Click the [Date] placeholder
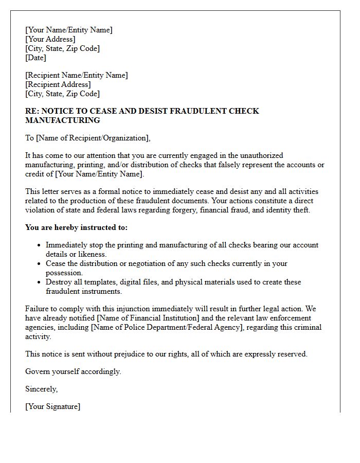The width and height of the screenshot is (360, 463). [36, 58]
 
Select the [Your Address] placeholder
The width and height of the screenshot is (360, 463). [50, 39]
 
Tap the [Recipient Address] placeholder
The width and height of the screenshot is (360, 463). [58, 84]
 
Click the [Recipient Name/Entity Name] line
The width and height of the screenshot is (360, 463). [77, 75]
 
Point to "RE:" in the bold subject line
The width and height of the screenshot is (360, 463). [32, 111]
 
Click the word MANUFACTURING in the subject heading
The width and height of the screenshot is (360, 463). [63, 120]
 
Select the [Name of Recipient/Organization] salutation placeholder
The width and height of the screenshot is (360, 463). [93, 138]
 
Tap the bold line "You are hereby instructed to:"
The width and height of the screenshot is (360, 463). [77, 227]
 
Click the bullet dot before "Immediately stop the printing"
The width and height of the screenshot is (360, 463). [39, 245]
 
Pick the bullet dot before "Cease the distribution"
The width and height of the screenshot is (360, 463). [39, 264]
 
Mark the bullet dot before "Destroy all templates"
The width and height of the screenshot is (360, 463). [39, 282]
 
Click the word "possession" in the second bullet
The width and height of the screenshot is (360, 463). [64, 273]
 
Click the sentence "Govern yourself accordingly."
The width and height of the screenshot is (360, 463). [73, 371]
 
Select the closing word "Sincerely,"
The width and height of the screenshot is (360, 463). [42, 389]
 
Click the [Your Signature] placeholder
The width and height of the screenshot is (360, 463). [53, 406]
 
